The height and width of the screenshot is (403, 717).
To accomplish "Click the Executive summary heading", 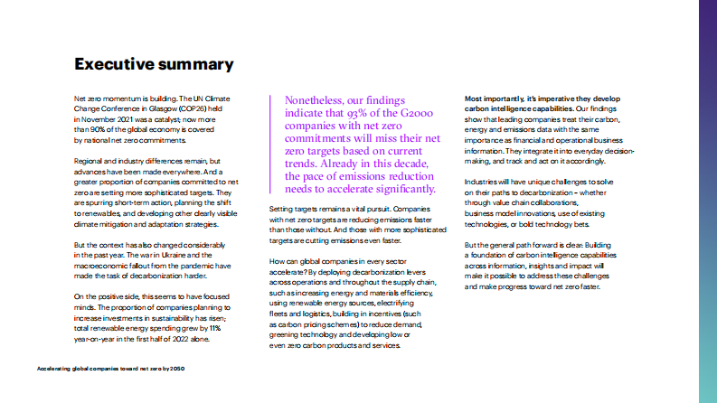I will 154,64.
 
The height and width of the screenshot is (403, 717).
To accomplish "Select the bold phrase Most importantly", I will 494,98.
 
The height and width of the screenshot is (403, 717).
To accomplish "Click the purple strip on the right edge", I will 708,201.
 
